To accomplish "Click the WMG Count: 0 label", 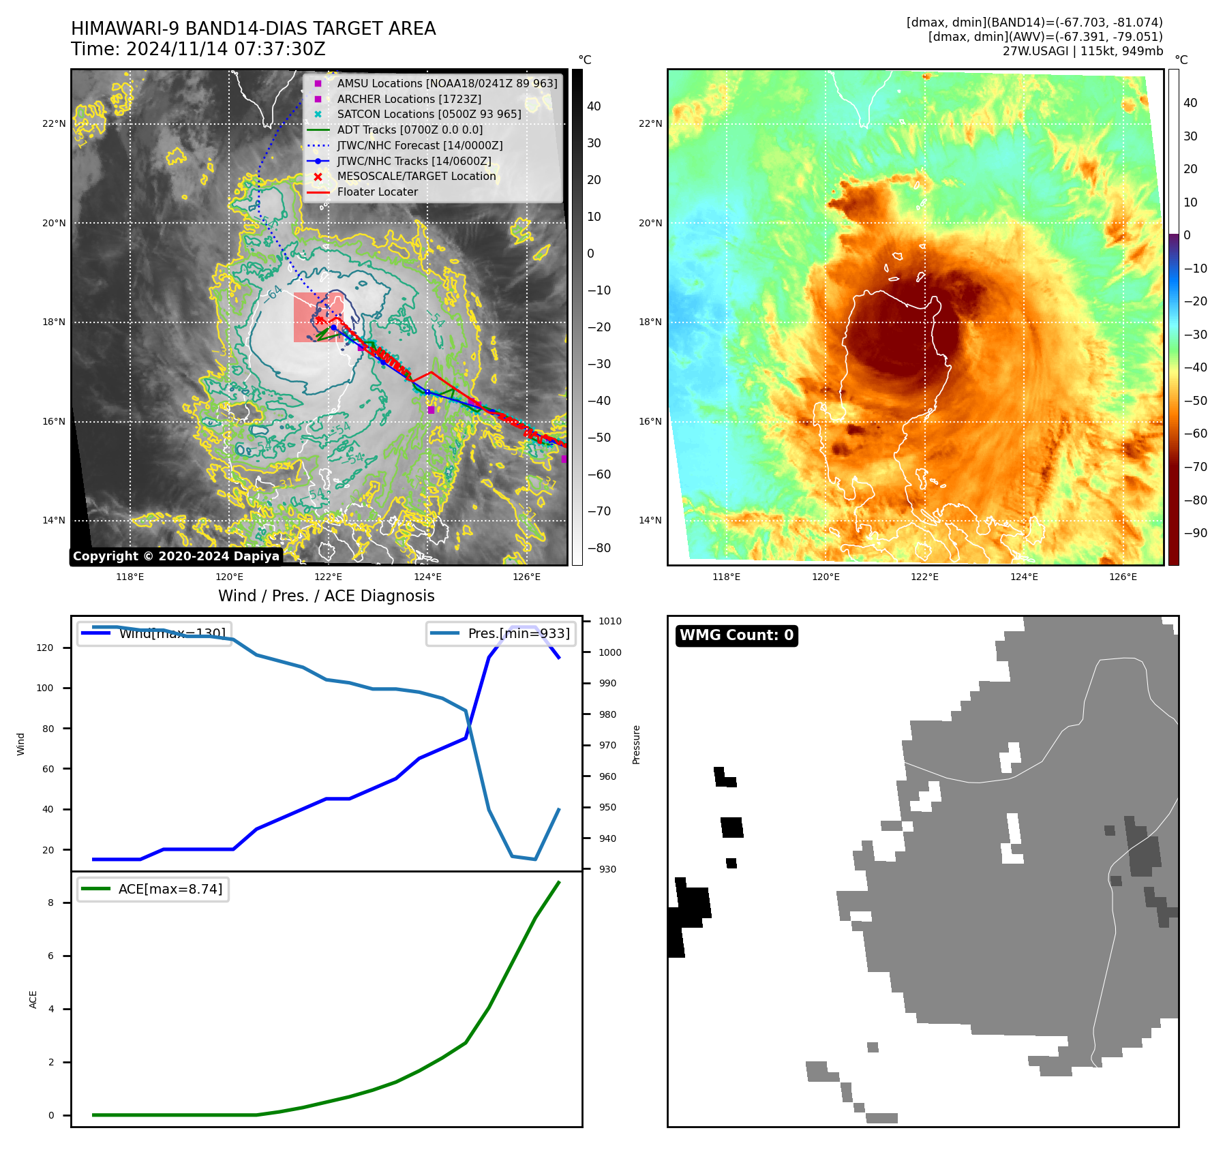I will [736, 635].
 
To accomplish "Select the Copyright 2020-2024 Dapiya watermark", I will [176, 556].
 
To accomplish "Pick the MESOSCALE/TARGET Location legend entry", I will [416, 177].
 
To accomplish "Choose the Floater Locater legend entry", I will [377, 192].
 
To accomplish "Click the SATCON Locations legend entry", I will [429, 115].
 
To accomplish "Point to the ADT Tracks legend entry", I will [409, 130].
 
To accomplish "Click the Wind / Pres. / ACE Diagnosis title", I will [326, 596].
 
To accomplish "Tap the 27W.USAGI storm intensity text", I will [1083, 51].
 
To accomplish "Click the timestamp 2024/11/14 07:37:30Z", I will [226, 50].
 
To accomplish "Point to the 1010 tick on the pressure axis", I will [609, 621].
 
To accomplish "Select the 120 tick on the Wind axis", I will [45, 648].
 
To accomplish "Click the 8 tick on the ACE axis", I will [50, 903].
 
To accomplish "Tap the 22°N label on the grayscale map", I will [54, 124].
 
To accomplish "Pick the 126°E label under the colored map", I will [1123, 577].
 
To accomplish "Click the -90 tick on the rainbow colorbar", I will [1195, 533].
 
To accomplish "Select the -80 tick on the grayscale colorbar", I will [599, 548].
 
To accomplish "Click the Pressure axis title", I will [636, 744].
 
